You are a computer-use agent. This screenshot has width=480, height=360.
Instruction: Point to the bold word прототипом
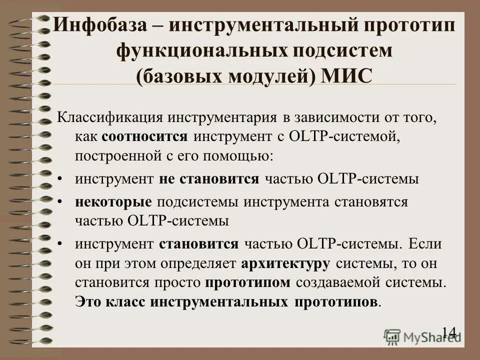point(248,281)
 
